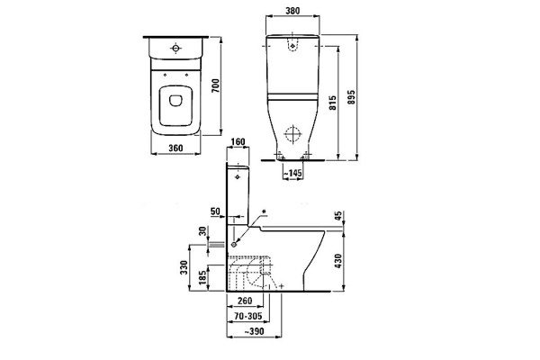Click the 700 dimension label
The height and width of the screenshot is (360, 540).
pos(215,85)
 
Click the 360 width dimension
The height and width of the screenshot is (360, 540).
pos(175,148)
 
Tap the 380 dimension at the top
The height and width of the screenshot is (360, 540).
pos(292,11)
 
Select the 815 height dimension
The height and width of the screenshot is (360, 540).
pos(333,103)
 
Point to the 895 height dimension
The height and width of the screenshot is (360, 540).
pos(351,97)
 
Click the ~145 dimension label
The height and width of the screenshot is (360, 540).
pos(292,173)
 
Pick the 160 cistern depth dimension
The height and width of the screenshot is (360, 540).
pos(238,141)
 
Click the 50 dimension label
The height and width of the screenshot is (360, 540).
pos(215,211)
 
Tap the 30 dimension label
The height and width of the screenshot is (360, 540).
pos(203,231)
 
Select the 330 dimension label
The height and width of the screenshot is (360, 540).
pos(184,267)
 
